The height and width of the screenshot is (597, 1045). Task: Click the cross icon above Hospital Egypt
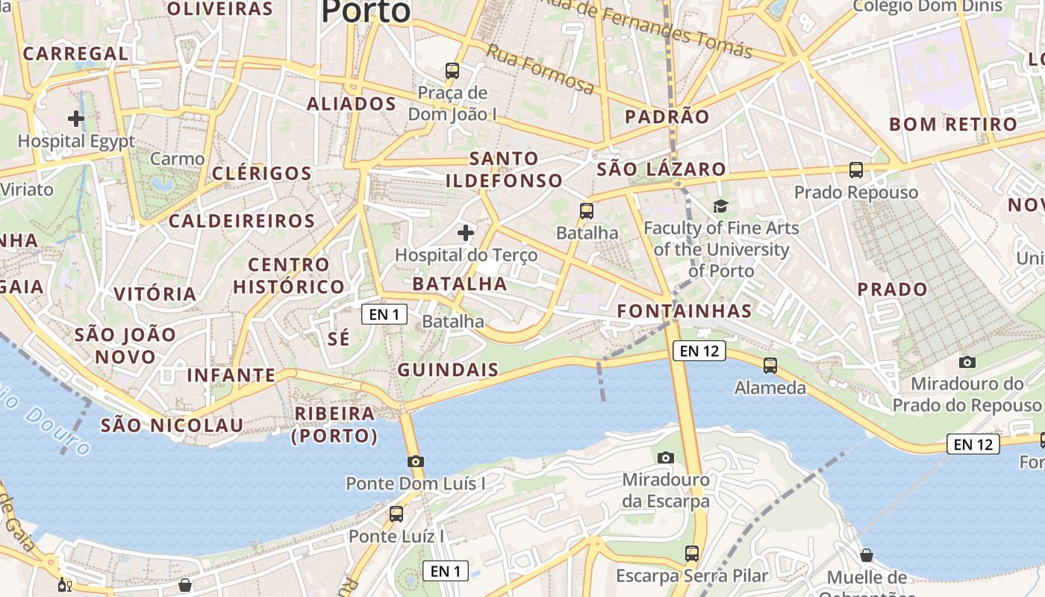click(75, 118)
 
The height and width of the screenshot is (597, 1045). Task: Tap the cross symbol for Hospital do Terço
click(466, 233)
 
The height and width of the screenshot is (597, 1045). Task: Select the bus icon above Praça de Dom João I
click(452, 71)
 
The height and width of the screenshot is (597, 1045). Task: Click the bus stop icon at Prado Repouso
click(856, 170)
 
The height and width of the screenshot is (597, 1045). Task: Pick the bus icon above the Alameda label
click(770, 366)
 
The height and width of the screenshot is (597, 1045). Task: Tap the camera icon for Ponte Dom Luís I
click(416, 461)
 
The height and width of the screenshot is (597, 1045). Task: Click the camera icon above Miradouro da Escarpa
click(666, 457)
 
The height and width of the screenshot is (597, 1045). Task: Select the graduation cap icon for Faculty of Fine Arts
click(720, 206)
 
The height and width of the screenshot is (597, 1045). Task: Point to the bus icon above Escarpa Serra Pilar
click(692, 554)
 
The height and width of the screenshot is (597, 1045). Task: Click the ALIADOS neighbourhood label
click(352, 104)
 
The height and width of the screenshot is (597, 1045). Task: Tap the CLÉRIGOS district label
click(262, 173)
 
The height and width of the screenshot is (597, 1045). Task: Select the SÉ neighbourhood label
click(338, 338)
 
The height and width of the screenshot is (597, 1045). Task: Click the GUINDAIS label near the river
click(448, 369)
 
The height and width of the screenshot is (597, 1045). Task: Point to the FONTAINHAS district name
click(684, 310)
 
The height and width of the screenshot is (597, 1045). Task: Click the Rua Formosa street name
click(541, 69)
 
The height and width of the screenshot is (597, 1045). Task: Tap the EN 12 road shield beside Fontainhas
click(699, 351)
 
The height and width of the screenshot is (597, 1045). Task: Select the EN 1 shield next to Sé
click(384, 314)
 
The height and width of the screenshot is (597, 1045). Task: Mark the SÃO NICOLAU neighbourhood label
click(172, 425)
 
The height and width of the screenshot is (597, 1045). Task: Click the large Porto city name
click(366, 11)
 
